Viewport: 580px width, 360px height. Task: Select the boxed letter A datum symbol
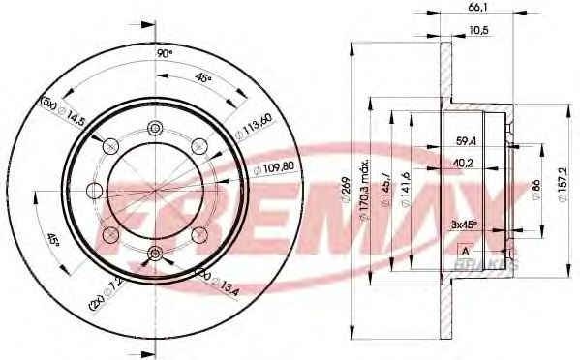pyautogui.click(x=465, y=251)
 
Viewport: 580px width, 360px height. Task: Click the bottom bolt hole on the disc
pyautogui.click(x=155, y=254)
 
